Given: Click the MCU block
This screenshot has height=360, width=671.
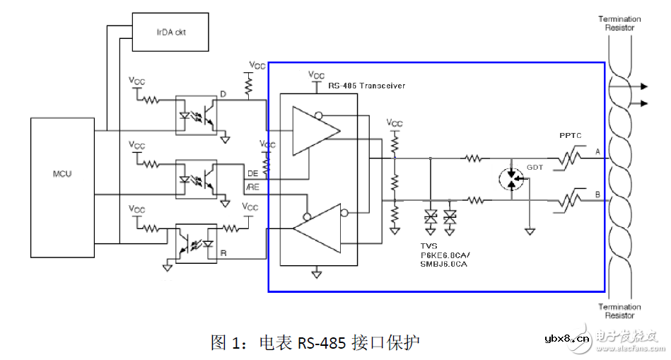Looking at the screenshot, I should click(x=62, y=187).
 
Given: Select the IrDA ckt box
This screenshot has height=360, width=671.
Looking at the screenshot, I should click(x=170, y=33).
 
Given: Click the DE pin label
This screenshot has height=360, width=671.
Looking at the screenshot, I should click(x=252, y=174).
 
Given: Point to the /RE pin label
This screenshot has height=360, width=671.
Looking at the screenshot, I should click(x=252, y=186).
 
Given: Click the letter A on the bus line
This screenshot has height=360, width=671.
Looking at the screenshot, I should click(x=598, y=152).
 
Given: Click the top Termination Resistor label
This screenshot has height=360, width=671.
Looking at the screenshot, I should click(x=619, y=23).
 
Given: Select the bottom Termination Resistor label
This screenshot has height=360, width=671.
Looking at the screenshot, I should click(x=619, y=311).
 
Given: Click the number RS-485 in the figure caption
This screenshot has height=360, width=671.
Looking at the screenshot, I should click(x=322, y=343).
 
